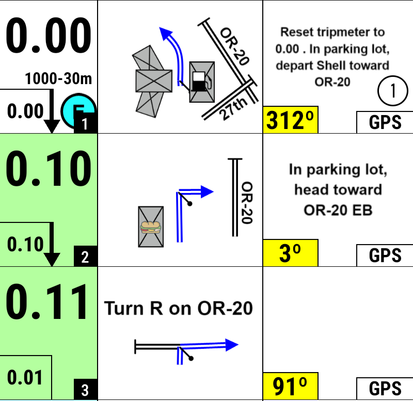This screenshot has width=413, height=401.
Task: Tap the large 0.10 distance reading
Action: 49,169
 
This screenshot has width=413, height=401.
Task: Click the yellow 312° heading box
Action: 290,121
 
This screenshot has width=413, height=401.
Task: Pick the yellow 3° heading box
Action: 290,253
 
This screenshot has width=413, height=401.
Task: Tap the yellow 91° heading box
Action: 290,387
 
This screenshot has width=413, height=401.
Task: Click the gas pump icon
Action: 202,81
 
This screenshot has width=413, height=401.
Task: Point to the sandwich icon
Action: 151,227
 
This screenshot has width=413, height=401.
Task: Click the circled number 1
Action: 392,91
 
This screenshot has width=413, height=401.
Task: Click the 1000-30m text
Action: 58,79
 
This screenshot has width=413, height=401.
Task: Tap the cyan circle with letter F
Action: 77,110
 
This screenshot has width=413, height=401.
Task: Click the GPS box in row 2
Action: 385,255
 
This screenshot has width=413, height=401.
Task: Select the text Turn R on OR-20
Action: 179,308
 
